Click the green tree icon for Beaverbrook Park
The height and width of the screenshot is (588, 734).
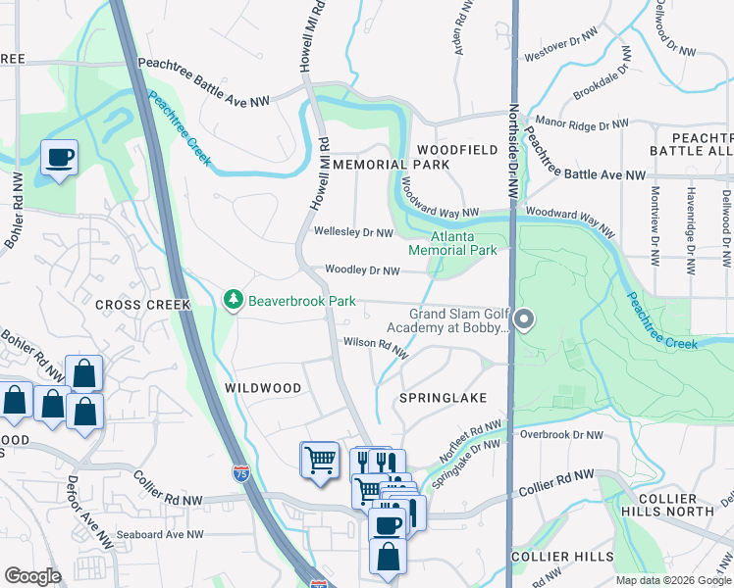pos(234,299)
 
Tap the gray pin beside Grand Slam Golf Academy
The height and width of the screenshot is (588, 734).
pos(524,319)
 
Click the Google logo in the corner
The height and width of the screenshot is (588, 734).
pos(32,576)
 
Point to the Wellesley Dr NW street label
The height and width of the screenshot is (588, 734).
pos(353,232)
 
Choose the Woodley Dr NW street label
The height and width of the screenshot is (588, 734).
pos(363,270)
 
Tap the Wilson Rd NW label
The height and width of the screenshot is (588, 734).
pos(374,344)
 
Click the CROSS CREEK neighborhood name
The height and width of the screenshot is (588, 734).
pos(142,305)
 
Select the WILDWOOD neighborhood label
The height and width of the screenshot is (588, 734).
pos(263,388)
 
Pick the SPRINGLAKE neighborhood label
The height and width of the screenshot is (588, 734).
pos(443,399)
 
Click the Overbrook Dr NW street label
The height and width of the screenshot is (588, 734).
pos(560,433)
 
